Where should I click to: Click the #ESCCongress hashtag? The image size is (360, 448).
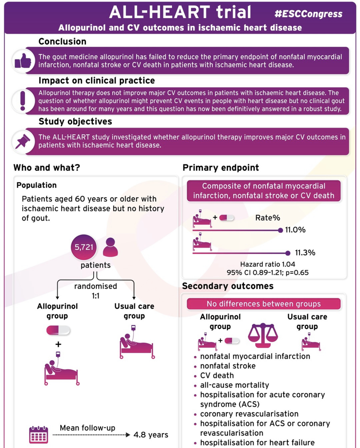309,14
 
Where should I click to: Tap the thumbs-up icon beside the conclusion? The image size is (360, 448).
23,61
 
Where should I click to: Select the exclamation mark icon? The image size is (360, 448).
23,101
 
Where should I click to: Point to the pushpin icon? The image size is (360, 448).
22,141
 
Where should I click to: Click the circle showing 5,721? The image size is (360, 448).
84,247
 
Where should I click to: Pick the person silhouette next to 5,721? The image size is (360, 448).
110,247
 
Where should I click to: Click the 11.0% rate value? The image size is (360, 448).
295,230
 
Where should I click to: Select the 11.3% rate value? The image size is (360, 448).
305,253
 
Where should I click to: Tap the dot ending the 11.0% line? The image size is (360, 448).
280,230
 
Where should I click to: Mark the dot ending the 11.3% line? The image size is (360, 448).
288,253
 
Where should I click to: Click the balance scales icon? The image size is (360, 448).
263,335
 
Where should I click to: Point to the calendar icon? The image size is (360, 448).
38,435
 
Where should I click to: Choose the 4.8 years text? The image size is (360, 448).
151,435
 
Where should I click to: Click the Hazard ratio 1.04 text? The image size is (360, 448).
268,264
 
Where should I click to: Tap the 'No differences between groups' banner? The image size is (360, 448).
264,304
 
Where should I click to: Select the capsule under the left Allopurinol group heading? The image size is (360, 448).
58,330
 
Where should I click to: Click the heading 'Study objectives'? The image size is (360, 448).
75,121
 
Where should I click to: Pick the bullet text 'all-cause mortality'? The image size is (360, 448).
234,385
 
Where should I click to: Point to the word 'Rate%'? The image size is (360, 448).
268,218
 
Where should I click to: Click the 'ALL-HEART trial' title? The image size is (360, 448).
180,12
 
